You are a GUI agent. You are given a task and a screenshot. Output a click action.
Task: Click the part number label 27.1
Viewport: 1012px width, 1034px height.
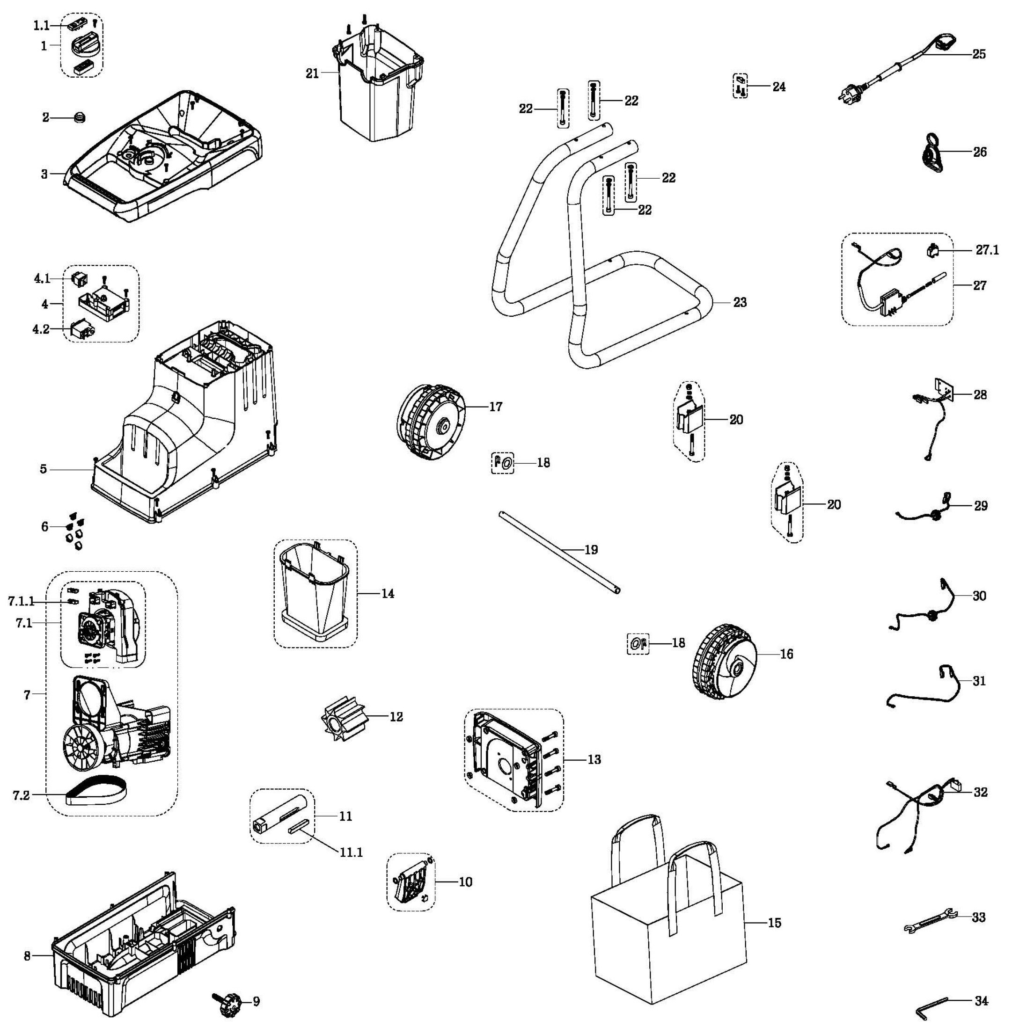tap(987, 250)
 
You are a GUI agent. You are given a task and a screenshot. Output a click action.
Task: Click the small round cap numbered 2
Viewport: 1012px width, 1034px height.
tap(80, 117)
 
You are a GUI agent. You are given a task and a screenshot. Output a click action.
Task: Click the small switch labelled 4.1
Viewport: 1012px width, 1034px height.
tap(79, 278)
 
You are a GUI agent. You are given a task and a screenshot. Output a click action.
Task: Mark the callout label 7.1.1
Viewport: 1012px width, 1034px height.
tap(21, 601)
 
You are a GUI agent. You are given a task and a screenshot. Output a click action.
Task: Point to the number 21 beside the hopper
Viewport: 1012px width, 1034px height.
tap(312, 73)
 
